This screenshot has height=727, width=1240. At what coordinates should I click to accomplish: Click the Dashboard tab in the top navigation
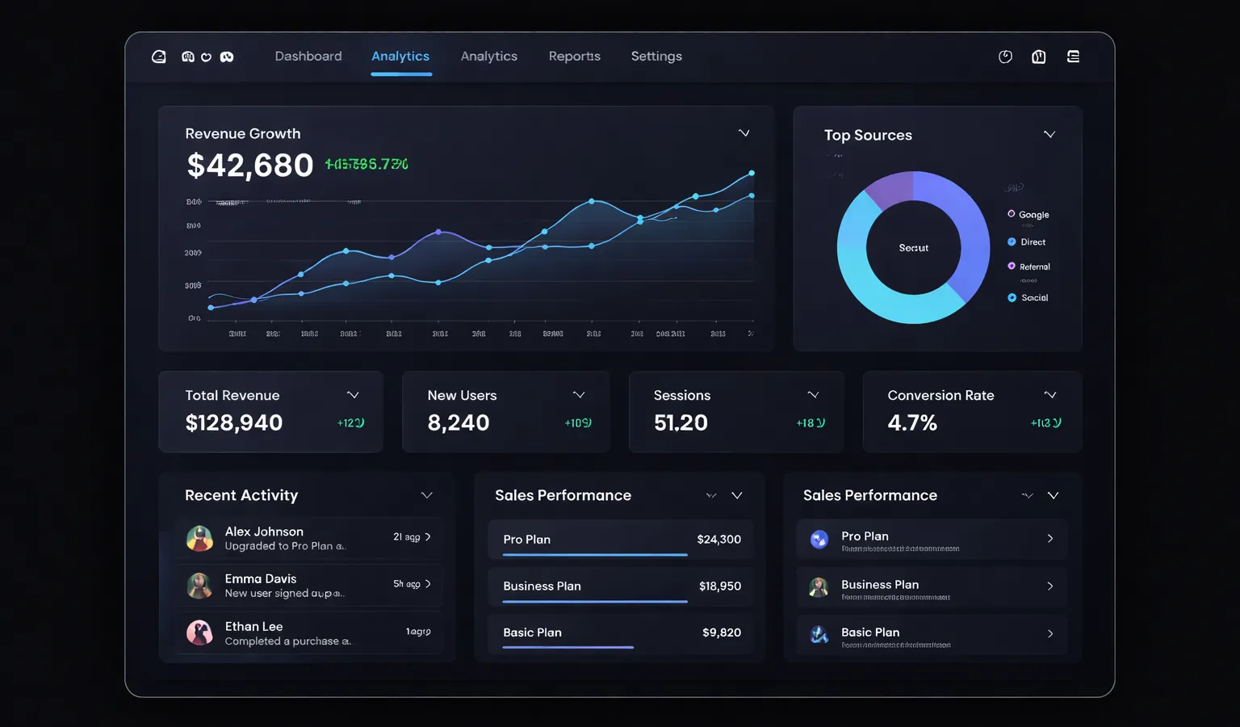point(308,57)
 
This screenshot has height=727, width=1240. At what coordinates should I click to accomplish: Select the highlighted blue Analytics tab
point(400,57)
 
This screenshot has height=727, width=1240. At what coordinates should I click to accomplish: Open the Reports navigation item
point(574,57)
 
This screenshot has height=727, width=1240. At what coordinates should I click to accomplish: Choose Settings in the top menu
point(656,57)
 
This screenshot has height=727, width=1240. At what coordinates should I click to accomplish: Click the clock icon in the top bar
point(1005,57)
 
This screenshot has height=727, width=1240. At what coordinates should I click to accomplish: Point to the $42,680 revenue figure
point(249,166)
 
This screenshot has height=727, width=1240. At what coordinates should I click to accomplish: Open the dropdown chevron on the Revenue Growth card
point(744,133)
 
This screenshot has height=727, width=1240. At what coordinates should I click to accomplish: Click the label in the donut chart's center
point(914,248)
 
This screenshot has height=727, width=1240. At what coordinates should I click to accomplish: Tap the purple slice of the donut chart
point(888,189)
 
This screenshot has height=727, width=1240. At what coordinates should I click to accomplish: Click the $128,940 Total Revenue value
point(234,422)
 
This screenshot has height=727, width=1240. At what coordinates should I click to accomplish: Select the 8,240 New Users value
point(459,422)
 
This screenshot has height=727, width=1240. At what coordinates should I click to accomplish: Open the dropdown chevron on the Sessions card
point(813,395)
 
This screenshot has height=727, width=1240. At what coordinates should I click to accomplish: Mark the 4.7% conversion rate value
point(912,422)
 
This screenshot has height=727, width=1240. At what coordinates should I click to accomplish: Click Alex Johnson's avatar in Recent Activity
point(199,538)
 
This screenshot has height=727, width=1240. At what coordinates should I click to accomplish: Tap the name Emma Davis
point(261,579)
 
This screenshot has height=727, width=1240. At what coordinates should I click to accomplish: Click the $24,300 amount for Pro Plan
point(718,540)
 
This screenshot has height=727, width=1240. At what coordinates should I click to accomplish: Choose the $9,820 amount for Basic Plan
point(721,632)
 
